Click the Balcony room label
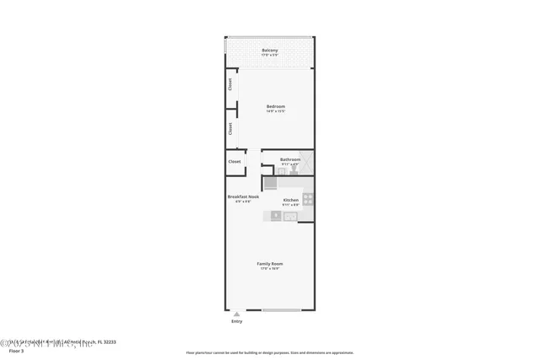[x=269, y=50]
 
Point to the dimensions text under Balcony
[x=269, y=56]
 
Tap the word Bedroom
[x=276, y=105]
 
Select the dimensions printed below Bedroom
[x=276, y=111]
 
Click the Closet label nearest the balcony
[x=229, y=84]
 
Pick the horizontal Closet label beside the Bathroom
[x=235, y=161]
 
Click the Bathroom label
[x=290, y=159]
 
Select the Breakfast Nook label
[x=243, y=196]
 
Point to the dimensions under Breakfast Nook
[x=243, y=202]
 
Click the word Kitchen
[x=290, y=200]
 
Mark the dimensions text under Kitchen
[x=290, y=206]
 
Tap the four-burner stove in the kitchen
[x=308, y=201]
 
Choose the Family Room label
[x=270, y=264]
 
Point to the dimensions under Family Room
[x=270, y=270]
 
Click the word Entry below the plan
[x=236, y=321]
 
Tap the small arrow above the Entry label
[x=236, y=314]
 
